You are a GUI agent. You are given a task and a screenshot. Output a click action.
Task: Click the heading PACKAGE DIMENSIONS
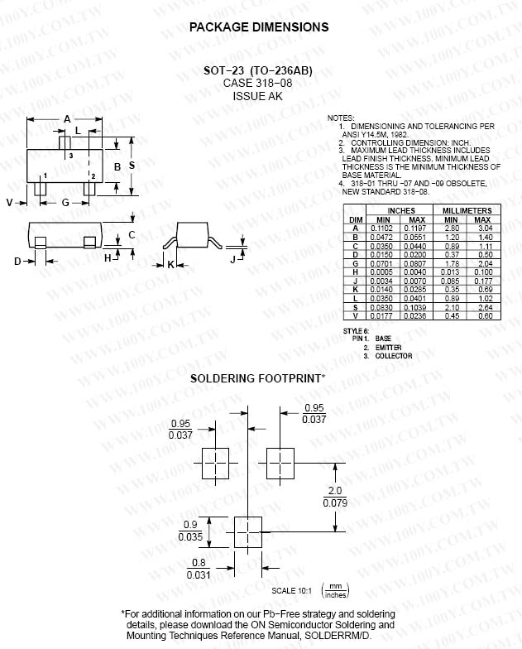[259, 27]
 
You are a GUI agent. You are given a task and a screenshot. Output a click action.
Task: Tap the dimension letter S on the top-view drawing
[132, 166]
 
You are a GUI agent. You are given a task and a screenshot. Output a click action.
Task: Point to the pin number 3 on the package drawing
[70, 156]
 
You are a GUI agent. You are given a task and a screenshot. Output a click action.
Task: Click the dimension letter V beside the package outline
[10, 202]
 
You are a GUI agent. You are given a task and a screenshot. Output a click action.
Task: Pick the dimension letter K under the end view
[170, 264]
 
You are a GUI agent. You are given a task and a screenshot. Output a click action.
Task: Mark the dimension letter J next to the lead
[233, 259]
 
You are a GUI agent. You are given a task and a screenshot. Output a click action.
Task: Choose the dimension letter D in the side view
[17, 262]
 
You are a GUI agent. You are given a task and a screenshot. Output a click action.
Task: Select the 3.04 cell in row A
[484, 227]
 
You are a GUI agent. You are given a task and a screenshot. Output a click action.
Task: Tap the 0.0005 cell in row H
[381, 272]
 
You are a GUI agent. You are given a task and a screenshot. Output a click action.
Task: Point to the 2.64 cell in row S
[484, 308]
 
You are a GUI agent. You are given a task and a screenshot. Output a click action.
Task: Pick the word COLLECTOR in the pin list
[393, 356]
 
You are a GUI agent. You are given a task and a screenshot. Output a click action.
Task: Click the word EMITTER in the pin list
[388, 348]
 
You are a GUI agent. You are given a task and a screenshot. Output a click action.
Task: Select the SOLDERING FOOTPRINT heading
[257, 378]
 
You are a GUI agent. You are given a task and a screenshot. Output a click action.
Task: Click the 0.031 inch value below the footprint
[198, 574]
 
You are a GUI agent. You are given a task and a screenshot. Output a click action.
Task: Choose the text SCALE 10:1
[290, 590]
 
